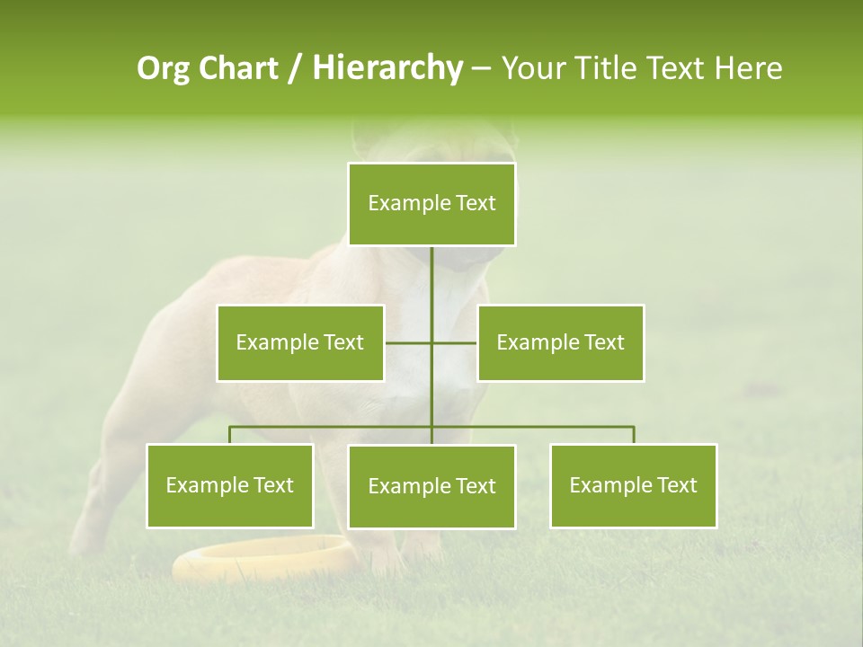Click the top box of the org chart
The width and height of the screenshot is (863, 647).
[x=431, y=204]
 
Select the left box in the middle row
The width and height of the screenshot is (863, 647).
[x=300, y=342]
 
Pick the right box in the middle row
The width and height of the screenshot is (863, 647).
[x=560, y=342]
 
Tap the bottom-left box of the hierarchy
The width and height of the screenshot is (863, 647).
[x=230, y=485]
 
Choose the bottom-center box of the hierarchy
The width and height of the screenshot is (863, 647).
[x=431, y=486]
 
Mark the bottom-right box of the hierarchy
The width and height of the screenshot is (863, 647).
[x=633, y=485]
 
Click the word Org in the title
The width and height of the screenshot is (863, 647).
[x=163, y=68]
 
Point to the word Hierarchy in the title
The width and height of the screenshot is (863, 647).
[x=387, y=68]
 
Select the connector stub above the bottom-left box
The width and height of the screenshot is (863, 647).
[x=230, y=435]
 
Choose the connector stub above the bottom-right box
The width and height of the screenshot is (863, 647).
[x=634, y=435]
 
